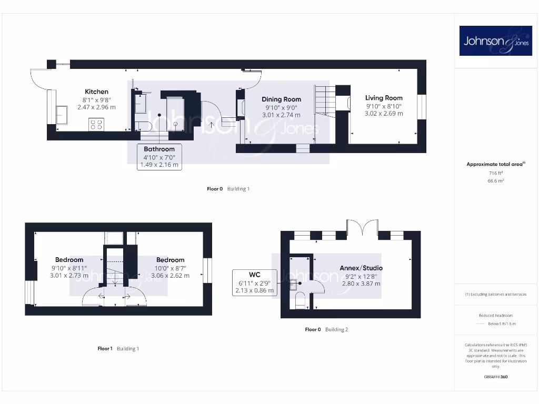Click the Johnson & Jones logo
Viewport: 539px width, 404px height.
click(496, 41)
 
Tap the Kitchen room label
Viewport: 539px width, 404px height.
click(96, 92)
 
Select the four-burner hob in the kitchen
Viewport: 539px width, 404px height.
click(96, 125)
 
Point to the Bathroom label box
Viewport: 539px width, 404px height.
click(159, 157)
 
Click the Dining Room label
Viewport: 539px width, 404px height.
click(282, 99)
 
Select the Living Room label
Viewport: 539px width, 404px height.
click(384, 98)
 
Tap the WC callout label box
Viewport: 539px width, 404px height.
click(255, 282)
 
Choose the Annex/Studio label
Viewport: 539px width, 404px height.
click(361, 268)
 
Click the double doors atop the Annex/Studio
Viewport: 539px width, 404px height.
click(362, 228)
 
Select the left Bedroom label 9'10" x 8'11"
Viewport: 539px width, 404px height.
click(69, 260)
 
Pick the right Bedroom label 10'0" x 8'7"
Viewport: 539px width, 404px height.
click(170, 260)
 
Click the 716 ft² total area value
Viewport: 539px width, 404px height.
click(495, 173)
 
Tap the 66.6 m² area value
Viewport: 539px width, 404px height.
click(495, 180)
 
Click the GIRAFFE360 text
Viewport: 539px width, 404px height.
click(495, 377)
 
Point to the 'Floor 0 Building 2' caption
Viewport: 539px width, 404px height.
click(326, 330)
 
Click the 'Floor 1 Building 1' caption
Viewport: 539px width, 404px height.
click(118, 349)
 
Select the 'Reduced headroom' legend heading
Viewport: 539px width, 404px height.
click(495, 315)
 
